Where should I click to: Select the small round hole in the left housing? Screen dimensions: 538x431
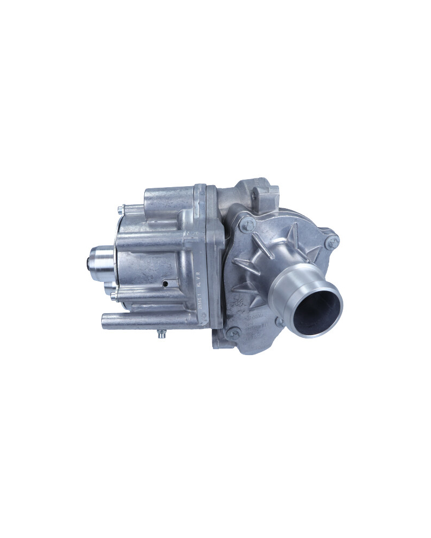tap(166, 283)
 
